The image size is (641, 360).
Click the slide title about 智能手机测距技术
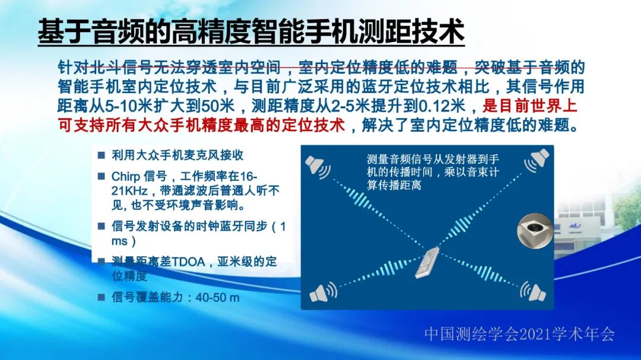[x=250, y=31]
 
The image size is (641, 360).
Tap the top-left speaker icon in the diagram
[x=318, y=164]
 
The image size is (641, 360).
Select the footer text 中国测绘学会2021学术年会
[x=519, y=334]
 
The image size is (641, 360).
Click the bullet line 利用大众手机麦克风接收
[x=177, y=155]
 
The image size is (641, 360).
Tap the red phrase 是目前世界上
[x=531, y=107]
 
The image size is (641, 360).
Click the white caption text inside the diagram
[x=433, y=172]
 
